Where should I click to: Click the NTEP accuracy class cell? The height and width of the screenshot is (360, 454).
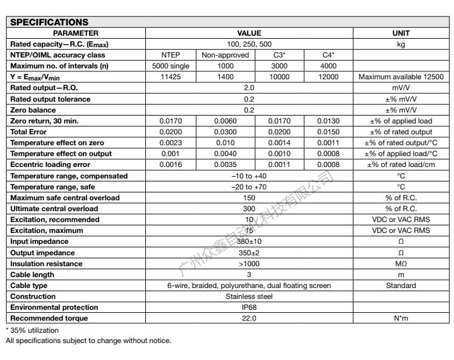pyautogui.click(x=170, y=54)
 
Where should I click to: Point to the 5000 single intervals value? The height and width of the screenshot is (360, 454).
pyautogui.click(x=170, y=65)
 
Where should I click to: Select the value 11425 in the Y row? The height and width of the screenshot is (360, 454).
pyautogui.click(x=170, y=77)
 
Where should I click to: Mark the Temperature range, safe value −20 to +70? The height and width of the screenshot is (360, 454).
pyautogui.click(x=249, y=186)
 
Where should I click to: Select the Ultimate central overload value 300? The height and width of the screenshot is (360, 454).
pyautogui.click(x=249, y=208)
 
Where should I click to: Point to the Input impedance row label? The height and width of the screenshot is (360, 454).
pyautogui.click(x=34, y=241)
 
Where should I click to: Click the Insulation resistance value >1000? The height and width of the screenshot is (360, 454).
pyautogui.click(x=249, y=263)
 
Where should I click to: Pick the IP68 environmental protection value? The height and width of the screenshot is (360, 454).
pyautogui.click(x=249, y=307)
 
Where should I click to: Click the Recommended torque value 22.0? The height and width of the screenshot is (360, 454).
pyautogui.click(x=249, y=318)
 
